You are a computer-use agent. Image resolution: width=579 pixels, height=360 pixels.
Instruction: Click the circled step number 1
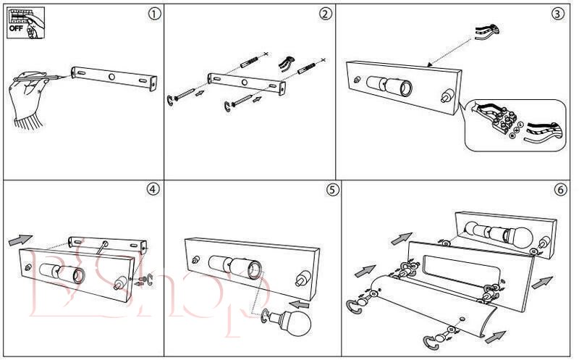pyautogui.click(x=153, y=14)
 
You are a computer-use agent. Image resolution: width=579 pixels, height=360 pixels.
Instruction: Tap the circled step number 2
pyautogui.click(x=326, y=14)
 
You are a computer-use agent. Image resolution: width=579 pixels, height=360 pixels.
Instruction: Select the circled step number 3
pyautogui.click(x=557, y=14)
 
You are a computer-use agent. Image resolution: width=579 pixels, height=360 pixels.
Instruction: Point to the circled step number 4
pyautogui.click(x=153, y=189)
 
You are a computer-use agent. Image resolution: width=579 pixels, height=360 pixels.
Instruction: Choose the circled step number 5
pyautogui.click(x=332, y=190)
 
